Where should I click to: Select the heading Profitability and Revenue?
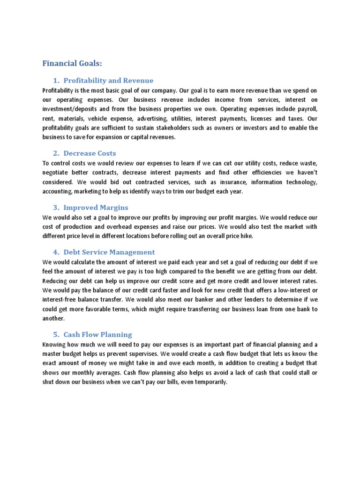pos(108,81)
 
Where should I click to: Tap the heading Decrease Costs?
pos(90,153)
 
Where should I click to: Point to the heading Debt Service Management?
pos(109,252)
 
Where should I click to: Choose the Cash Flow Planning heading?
pos(97,335)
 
